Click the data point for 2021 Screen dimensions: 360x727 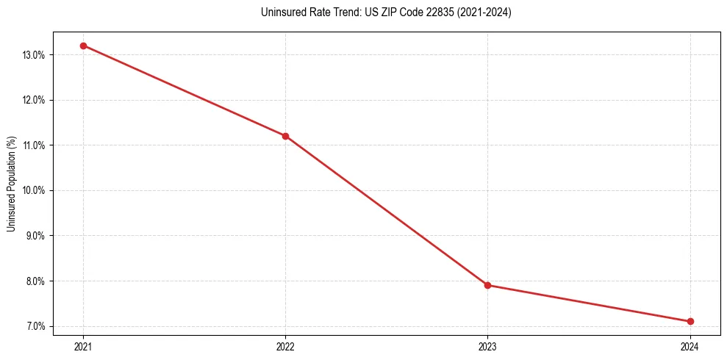(x=83, y=46)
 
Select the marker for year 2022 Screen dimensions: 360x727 (x=285, y=136)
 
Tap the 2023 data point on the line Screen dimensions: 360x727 (x=487, y=285)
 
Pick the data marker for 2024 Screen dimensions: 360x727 (x=690, y=321)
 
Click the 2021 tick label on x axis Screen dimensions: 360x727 (x=83, y=346)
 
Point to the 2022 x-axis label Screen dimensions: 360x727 (x=285, y=346)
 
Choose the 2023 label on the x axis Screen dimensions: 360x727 (x=487, y=346)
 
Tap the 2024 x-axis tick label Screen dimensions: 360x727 (x=690, y=346)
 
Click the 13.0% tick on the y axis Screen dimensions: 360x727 (x=35, y=55)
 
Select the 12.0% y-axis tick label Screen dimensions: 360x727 (x=35, y=100)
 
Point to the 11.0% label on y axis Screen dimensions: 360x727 (x=35, y=145)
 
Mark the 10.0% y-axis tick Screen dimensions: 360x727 (x=35, y=190)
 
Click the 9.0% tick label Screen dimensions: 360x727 (x=36, y=236)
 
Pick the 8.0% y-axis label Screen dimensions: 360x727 (x=36, y=281)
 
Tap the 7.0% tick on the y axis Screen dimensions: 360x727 (x=36, y=326)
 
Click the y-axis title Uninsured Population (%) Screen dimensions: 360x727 (x=11, y=184)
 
